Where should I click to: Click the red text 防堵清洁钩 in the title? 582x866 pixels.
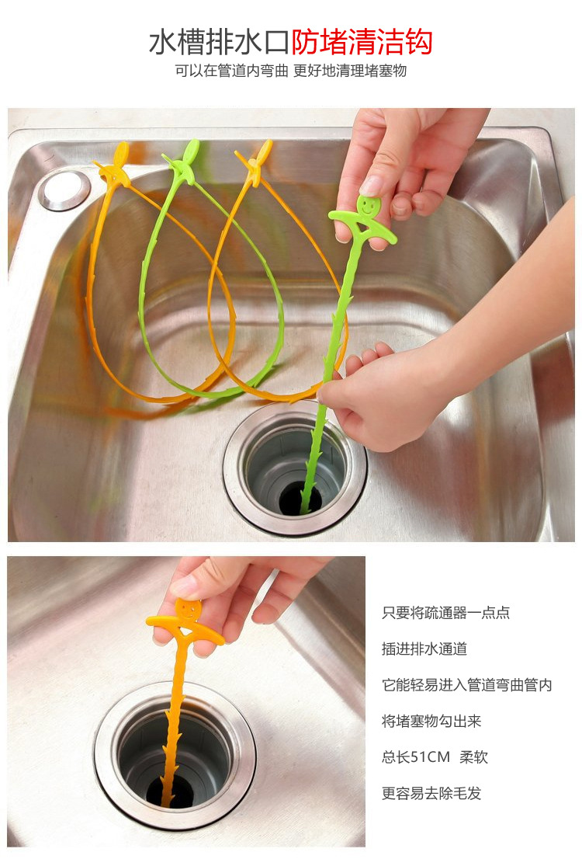pyautogui.click(x=362, y=42)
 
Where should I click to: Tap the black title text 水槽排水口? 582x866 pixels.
pyautogui.click(x=220, y=42)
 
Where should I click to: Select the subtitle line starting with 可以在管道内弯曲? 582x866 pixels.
pyautogui.click(x=291, y=71)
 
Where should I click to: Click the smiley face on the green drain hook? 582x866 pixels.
pyautogui.click(x=364, y=206)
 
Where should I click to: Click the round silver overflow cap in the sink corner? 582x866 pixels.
pyautogui.click(x=64, y=190)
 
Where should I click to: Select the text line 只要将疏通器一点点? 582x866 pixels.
pyautogui.click(x=445, y=613)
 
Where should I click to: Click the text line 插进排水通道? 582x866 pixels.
pyautogui.click(x=424, y=649)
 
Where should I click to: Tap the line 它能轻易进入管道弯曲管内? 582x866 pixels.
pyautogui.click(x=466, y=685)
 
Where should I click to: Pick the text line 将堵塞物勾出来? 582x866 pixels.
pyautogui.click(x=431, y=722)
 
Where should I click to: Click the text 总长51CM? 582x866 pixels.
pyautogui.click(x=416, y=757)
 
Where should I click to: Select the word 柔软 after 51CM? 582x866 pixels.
pyautogui.click(x=473, y=757)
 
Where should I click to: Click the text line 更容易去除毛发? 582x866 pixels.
pyautogui.click(x=431, y=793)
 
